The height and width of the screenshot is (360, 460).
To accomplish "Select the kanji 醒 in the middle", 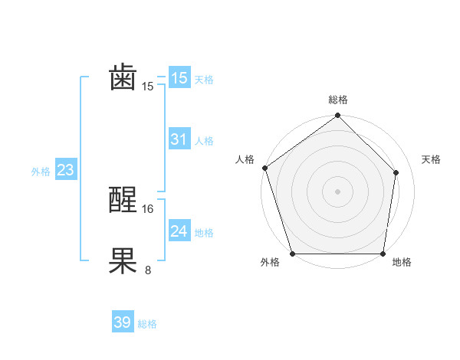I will [x=123, y=201].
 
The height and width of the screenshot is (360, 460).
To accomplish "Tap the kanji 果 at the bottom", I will [x=123, y=261].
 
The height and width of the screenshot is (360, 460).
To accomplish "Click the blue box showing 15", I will [x=179, y=78].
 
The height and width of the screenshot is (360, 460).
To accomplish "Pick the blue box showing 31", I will [x=179, y=139].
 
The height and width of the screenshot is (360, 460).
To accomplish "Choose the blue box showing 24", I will [x=179, y=231].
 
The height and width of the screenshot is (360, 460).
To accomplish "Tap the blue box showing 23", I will [x=65, y=170].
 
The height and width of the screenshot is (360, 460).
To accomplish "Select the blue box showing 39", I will [x=122, y=322].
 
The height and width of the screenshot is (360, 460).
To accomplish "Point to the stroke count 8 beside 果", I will [x=148, y=270].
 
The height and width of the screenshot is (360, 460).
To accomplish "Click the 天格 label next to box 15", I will [x=204, y=80].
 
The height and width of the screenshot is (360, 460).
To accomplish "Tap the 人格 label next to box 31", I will [x=204, y=141].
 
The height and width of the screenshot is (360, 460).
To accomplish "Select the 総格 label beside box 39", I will [x=147, y=324].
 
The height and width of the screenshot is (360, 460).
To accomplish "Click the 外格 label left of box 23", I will [x=41, y=172].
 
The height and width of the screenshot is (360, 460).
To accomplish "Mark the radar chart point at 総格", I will [x=337, y=116].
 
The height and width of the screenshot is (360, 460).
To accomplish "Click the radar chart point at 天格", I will [x=396, y=172].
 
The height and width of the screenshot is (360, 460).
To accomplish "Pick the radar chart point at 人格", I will [x=264, y=168].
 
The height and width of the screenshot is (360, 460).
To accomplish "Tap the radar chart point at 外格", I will [x=292, y=254].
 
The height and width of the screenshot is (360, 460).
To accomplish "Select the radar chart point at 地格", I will [x=383, y=254].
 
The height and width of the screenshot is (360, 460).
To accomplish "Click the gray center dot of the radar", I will [x=337, y=191].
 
